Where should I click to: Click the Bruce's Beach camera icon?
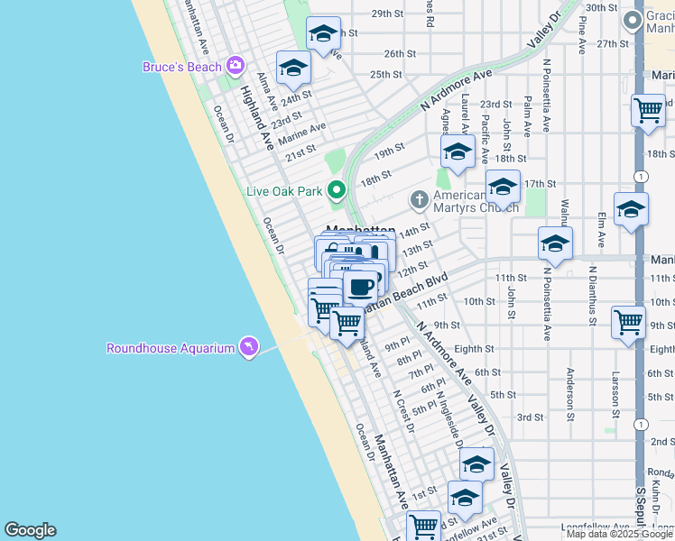pos(236,65)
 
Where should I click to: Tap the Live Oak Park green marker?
pos(337,190)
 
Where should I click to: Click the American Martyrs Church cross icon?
pos(419,198)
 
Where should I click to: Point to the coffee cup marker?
pos(360,288)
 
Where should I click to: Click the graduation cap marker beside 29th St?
pos(323,35)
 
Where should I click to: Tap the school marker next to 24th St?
pos(293,68)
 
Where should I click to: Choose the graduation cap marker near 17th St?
pos(503,187)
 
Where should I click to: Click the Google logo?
pos(30,530)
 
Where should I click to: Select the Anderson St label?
pos(570,394)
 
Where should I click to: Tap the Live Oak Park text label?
pos(285,191)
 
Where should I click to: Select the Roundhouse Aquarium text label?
pos(171,348)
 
